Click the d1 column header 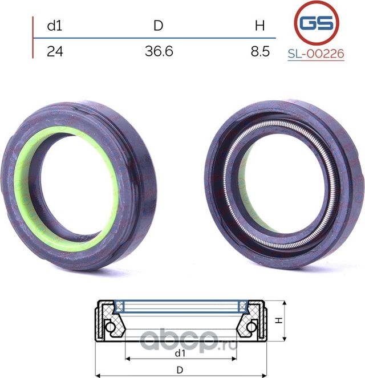click(55, 25)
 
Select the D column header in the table click(159, 25)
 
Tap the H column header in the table click(259, 25)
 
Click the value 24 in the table click(55, 51)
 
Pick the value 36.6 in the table click(159, 51)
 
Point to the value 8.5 click(260, 51)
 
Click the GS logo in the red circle click(317, 23)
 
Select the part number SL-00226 click(316, 54)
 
